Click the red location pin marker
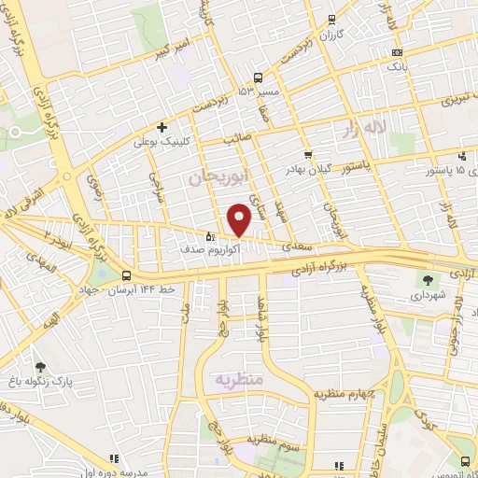click(240, 219)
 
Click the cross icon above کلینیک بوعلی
click(162, 127)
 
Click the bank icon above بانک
click(399, 52)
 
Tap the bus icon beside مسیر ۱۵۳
click(258, 78)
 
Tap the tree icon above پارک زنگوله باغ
click(39, 367)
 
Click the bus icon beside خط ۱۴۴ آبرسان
click(126, 275)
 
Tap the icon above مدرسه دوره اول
click(114, 458)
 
